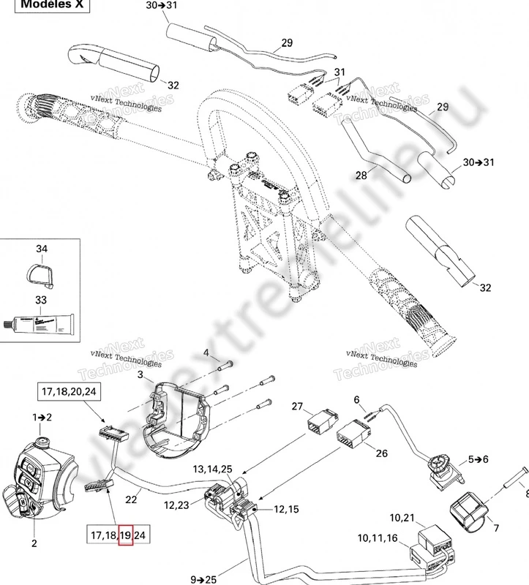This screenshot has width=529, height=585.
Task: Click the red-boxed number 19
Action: pos(126,535)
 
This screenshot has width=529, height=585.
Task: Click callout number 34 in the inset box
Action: pos(42,250)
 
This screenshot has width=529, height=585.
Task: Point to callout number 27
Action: pos(297,407)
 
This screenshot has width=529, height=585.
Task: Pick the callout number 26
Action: pos(381,453)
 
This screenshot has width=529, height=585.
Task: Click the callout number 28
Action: pos(361,175)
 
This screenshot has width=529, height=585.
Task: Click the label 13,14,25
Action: pos(212,468)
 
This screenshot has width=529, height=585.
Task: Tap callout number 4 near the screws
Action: pos(206,353)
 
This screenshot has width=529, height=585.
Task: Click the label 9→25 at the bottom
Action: pos(207,579)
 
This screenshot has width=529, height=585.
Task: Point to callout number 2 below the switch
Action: pos(34,544)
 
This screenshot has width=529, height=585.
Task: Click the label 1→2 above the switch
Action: pos(41,417)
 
